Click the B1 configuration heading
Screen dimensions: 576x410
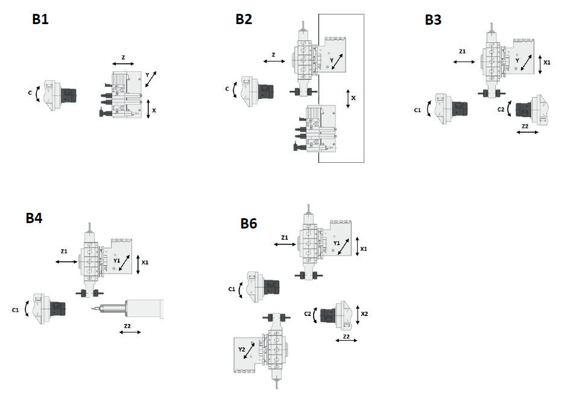[x=40, y=19]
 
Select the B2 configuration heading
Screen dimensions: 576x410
[x=244, y=19]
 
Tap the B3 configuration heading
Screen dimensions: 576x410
[x=433, y=20]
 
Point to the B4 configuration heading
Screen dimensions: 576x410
[x=34, y=218]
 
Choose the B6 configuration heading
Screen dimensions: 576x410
[x=248, y=223]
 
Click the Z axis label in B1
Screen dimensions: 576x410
[x=124, y=58]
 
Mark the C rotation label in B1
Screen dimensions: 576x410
[x=30, y=93]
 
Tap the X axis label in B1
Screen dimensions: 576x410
[x=154, y=110]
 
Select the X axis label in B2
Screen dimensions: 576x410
[x=353, y=98]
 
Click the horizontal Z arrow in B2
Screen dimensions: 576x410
[x=274, y=61]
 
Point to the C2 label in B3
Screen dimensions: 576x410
[x=501, y=110]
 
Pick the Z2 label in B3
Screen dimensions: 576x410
[x=525, y=127]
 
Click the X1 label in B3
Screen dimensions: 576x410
[x=547, y=63]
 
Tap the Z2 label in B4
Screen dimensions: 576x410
[x=127, y=326]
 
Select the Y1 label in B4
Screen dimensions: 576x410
[x=117, y=260]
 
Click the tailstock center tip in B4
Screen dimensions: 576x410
[x=92, y=309]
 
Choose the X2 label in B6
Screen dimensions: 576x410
[x=364, y=314]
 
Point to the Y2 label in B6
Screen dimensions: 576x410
[x=242, y=349]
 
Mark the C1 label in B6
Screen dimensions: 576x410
[x=232, y=289]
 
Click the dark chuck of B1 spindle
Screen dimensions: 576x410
[x=68, y=95]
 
